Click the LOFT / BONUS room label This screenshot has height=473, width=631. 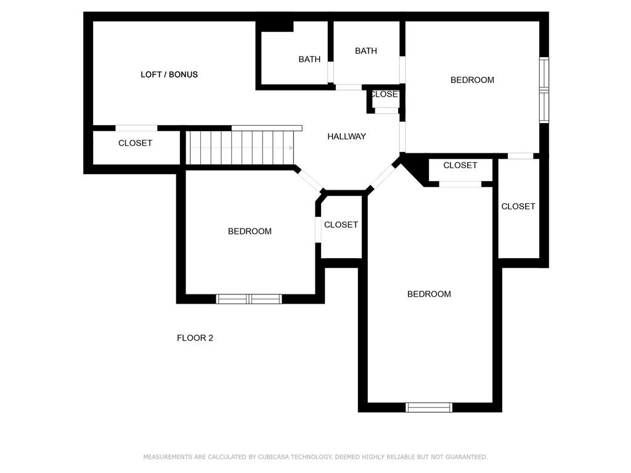(169, 75)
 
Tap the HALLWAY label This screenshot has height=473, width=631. (346, 136)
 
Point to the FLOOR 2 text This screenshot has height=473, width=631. (195, 338)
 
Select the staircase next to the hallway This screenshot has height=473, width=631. (240, 148)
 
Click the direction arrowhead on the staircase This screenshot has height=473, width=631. (290, 148)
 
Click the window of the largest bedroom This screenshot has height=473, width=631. (429, 407)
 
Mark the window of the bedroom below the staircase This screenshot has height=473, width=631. (249, 299)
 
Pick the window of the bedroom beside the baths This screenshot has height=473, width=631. (543, 90)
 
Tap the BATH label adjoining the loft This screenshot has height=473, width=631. (309, 59)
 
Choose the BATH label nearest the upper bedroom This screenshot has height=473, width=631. (365, 51)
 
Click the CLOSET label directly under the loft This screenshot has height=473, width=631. (135, 143)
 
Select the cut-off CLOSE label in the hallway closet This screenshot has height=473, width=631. (384, 94)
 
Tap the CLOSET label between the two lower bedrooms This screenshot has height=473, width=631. (341, 225)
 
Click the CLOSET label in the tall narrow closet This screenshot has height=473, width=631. (518, 206)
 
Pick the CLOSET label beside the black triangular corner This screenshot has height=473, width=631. (460, 165)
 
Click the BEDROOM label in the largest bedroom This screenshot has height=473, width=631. (429, 294)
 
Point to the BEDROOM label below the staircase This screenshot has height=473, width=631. (250, 231)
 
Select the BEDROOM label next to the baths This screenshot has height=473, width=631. (472, 79)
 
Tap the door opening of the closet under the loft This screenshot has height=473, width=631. (136, 128)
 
